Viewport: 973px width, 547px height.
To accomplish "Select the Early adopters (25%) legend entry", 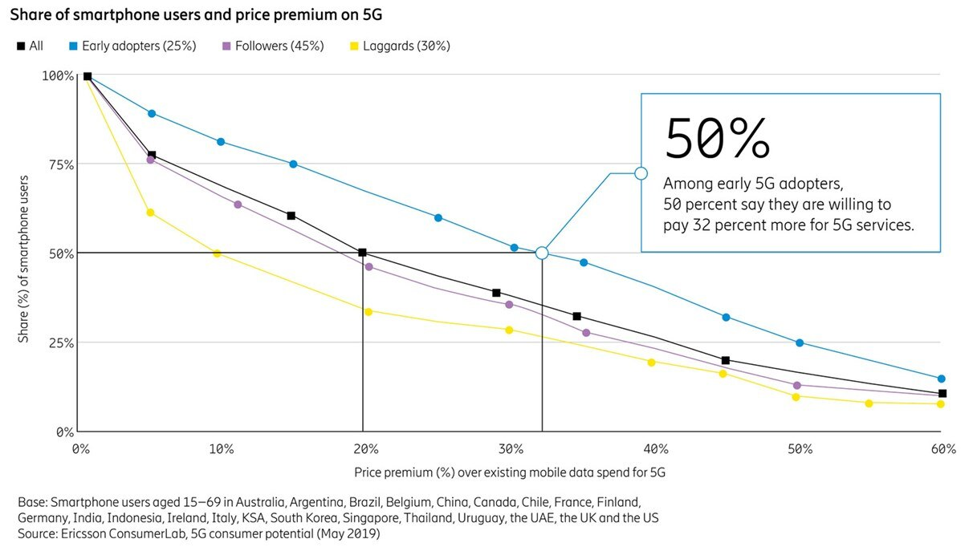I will click(x=133, y=46).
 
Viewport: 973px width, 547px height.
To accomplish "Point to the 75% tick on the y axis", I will click(x=58, y=164).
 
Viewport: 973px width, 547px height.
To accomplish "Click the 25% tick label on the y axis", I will click(x=58, y=342).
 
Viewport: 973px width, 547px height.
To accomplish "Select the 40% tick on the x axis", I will click(x=655, y=449).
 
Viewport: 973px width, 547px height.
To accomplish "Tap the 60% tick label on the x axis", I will click(x=942, y=449).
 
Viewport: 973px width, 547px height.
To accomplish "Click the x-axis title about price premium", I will click(x=510, y=472).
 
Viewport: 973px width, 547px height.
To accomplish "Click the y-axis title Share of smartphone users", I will click(x=24, y=258).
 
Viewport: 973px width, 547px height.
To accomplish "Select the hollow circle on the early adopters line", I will click(x=542, y=253).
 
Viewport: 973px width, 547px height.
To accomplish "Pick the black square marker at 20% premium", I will click(x=363, y=253).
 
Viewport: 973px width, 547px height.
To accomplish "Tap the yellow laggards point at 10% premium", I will click(x=217, y=253).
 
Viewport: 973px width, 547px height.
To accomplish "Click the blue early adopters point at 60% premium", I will click(x=942, y=379).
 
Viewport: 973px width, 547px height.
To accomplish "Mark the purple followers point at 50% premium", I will click(x=796, y=386).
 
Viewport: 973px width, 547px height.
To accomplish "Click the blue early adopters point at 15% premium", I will click(x=293, y=164).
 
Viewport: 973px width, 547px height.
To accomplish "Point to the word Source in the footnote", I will click(x=36, y=533).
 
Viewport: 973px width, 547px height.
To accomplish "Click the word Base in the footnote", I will click(x=31, y=502).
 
